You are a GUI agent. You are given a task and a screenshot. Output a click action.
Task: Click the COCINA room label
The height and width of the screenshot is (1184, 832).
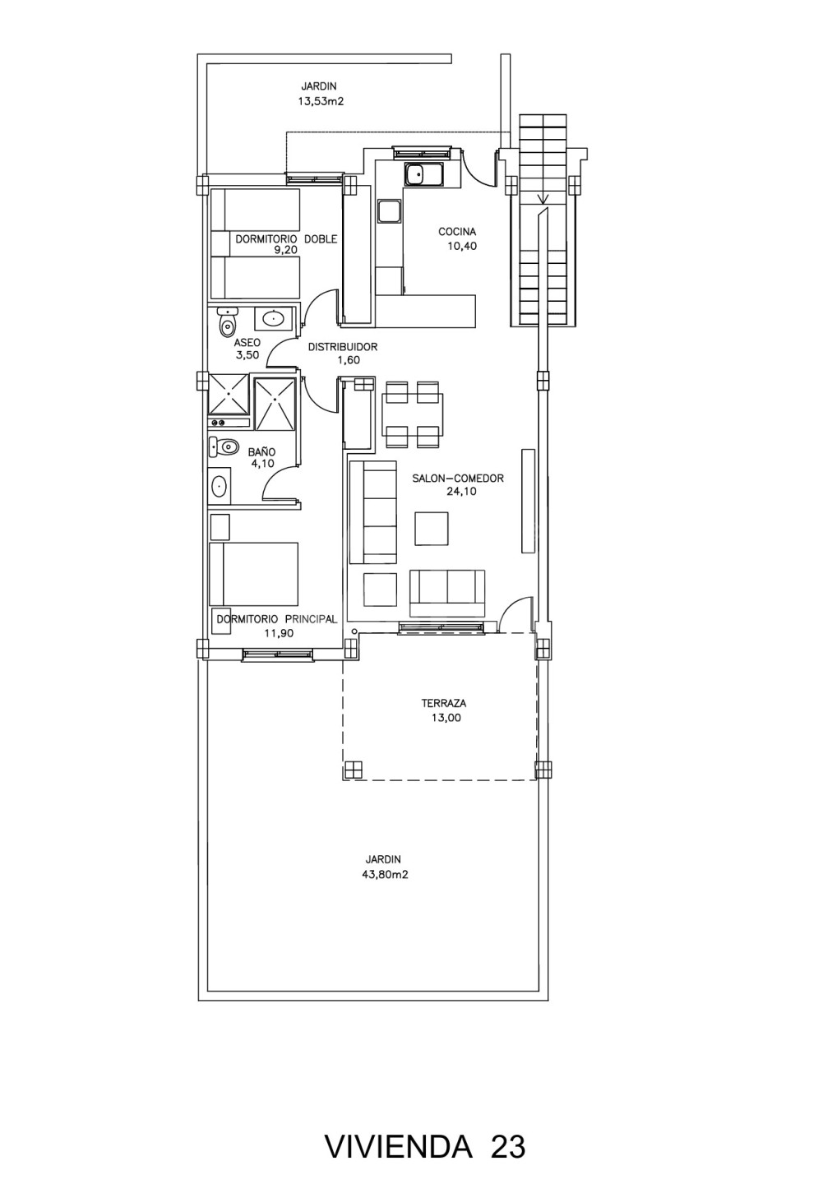(457, 232)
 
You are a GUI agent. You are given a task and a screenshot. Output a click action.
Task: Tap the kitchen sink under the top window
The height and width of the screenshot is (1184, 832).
(424, 175)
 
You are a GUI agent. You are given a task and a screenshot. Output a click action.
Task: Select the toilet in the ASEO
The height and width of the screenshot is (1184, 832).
(227, 323)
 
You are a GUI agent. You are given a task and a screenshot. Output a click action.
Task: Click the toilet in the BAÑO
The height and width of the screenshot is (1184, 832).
(223, 447)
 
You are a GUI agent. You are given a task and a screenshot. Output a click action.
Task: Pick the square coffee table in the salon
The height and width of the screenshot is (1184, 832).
(432, 528)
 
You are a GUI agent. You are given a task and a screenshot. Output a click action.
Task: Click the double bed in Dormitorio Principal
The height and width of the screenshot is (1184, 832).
(254, 574)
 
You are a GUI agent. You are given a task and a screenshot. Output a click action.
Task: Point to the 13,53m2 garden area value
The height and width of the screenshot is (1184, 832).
(321, 101)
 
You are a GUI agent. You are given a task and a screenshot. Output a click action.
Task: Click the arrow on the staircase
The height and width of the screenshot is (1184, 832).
(543, 197)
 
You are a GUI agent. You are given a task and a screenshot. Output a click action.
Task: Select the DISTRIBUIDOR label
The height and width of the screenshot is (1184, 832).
(343, 347)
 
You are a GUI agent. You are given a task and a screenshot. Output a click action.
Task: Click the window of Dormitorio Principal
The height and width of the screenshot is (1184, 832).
(278, 654)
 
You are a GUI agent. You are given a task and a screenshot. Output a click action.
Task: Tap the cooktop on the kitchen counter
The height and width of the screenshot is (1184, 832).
(390, 210)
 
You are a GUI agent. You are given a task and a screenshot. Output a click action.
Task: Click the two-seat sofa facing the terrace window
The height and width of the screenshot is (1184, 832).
(447, 593)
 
